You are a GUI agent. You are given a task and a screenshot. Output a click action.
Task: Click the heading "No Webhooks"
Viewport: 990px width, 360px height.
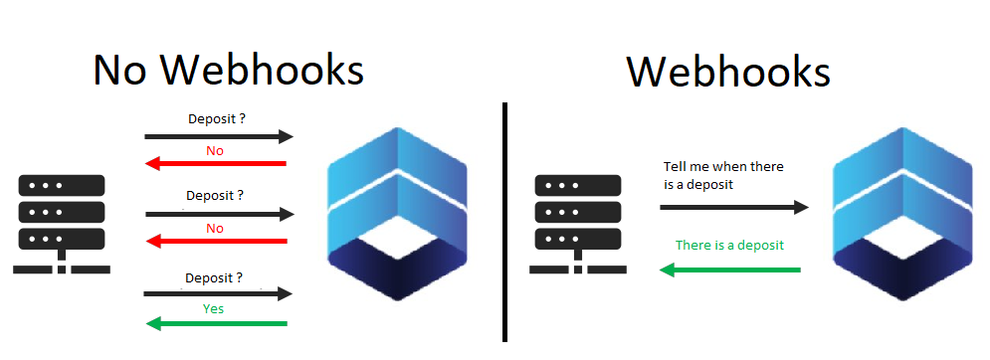(x=228, y=70)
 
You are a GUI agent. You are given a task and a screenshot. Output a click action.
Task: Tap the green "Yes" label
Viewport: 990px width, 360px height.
(x=214, y=308)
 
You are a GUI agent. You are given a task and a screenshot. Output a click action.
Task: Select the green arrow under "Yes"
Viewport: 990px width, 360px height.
(x=216, y=323)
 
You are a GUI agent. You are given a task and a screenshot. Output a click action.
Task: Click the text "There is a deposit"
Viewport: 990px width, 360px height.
(x=729, y=245)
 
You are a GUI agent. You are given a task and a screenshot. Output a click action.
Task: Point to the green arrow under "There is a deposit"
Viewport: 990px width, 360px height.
(x=730, y=269)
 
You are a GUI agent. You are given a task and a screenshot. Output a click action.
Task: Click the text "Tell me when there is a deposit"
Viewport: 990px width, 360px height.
(x=723, y=176)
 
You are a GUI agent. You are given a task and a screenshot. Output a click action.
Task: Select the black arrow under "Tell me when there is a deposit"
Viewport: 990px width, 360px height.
(x=733, y=207)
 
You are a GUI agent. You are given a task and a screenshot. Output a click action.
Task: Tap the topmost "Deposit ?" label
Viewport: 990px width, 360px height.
(x=217, y=119)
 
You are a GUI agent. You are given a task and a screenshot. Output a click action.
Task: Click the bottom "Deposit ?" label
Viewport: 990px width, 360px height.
(x=214, y=277)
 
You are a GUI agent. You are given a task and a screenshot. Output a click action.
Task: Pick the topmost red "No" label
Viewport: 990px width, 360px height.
(x=215, y=149)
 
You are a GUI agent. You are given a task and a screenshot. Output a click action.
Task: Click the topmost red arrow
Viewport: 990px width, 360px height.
(x=216, y=163)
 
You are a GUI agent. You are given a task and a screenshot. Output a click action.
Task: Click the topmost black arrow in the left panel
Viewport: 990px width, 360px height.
(x=219, y=135)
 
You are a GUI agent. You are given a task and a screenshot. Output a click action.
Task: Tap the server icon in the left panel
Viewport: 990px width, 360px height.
(x=61, y=225)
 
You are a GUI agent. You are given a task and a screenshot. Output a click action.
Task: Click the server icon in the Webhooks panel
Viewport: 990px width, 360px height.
(x=577, y=225)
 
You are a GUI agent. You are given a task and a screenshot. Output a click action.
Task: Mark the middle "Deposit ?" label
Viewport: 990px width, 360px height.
(x=215, y=196)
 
